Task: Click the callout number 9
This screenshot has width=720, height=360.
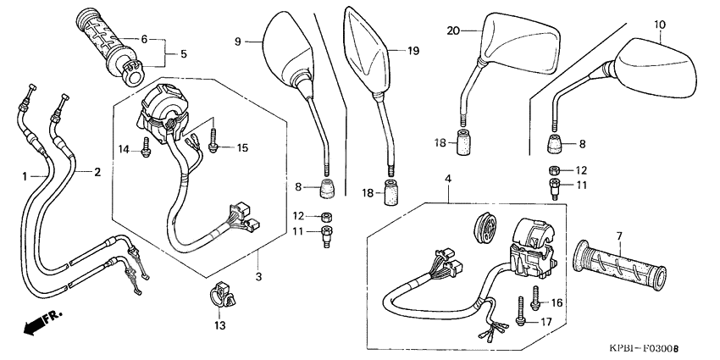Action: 239,39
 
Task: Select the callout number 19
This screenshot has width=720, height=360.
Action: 413,51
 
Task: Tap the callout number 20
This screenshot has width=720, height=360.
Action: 453,30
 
